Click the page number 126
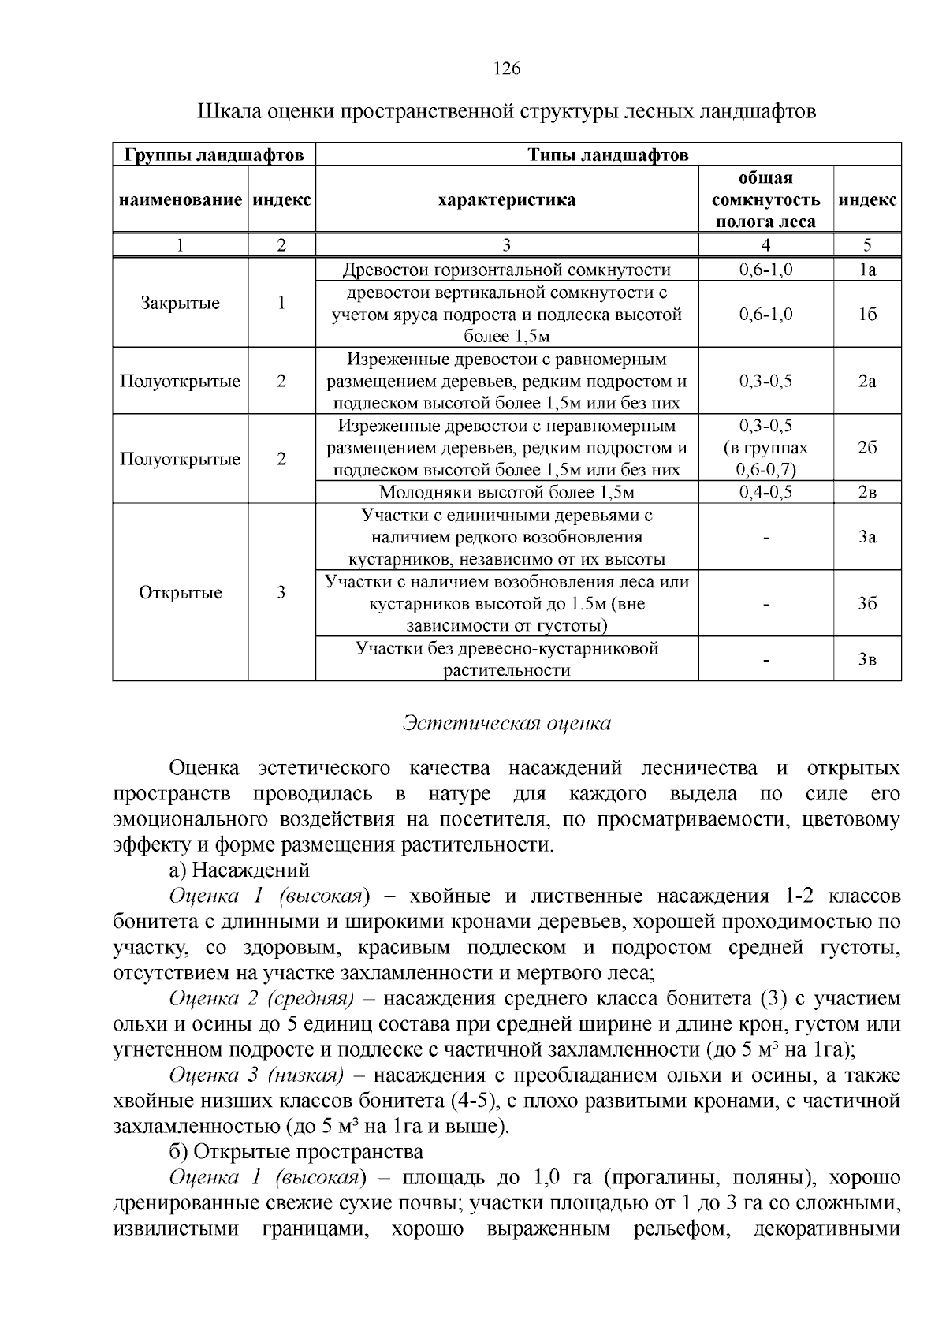coord(506,69)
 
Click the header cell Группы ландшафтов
coord(214,155)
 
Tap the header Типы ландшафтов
coord(608,155)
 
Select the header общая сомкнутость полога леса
coord(765,199)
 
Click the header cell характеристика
coord(506,199)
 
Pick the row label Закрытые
coord(180,303)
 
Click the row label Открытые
coord(180,592)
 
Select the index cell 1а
coord(867,270)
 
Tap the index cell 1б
coord(867,314)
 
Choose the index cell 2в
coord(867,493)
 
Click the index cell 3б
coord(867,604)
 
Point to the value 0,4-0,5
coord(765,493)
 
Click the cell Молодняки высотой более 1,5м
coord(506,493)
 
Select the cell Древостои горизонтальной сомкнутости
coord(506,270)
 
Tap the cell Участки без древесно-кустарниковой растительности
coord(506,659)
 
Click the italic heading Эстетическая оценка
coord(506,723)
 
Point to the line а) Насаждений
coord(239,870)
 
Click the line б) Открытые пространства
coord(296,1152)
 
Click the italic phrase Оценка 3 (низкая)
coord(257,1075)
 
